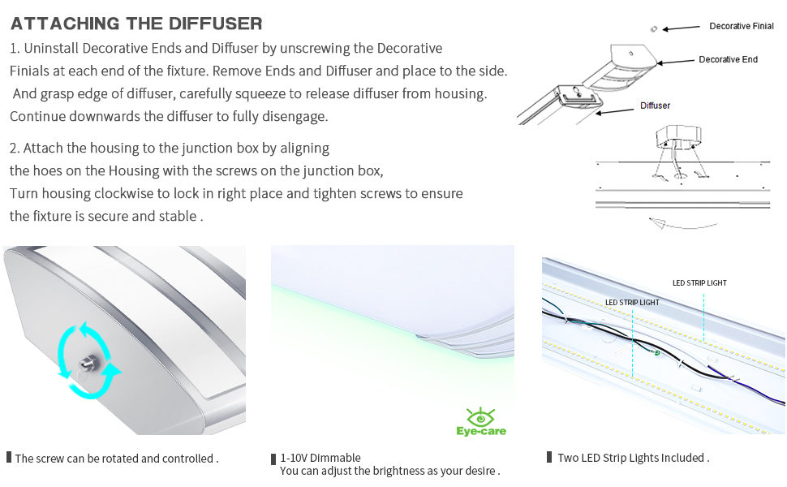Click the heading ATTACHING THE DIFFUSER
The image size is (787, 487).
pos(136,24)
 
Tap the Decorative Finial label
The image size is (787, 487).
pos(741,27)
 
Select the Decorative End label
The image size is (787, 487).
pos(728,60)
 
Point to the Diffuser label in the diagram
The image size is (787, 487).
pos(655,106)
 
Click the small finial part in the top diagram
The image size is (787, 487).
pos(653,28)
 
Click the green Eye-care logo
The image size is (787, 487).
pos(480,422)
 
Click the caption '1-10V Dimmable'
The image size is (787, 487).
pos(320,458)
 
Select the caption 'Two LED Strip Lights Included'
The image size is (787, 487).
pos(633,458)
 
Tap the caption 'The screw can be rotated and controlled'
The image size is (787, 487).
pos(116,459)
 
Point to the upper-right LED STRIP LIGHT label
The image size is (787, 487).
pos(699,283)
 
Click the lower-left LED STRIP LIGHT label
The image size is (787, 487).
pos(632,303)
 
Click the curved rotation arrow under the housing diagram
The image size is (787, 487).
pos(665,222)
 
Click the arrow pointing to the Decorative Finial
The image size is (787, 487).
pos(682,28)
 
